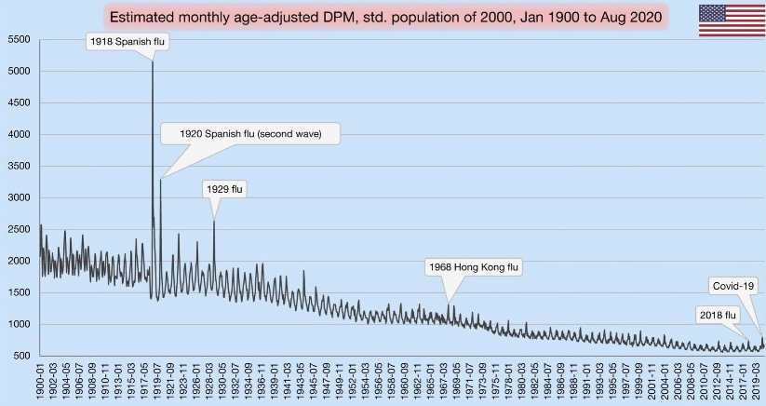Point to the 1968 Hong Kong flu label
point(472,267)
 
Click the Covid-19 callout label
point(735,285)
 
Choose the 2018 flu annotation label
point(718,315)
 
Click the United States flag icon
point(726,20)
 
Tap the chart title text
point(384,18)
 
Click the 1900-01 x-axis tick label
point(41,382)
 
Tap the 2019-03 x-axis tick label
point(756,382)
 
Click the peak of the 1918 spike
point(153,62)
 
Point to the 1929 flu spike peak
point(214,221)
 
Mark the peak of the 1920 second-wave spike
point(160,180)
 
